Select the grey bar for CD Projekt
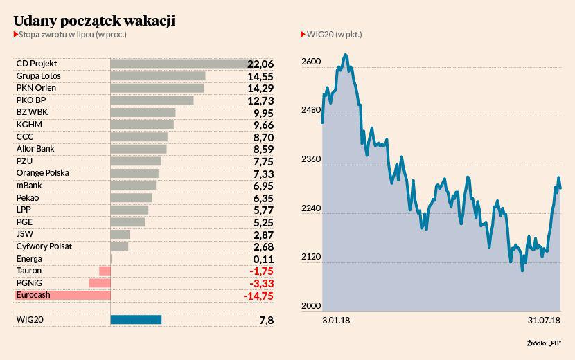179,64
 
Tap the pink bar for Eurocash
62,295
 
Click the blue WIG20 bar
136,320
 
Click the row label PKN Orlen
36,88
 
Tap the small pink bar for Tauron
105,271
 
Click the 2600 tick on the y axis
311,62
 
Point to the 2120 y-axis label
311,258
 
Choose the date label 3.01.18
336,321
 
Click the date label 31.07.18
544,321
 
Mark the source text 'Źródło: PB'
544,342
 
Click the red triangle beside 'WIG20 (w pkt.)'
302,34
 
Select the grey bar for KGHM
142,125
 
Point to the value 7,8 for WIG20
265,320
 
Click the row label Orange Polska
42,173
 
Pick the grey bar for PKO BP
152,100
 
